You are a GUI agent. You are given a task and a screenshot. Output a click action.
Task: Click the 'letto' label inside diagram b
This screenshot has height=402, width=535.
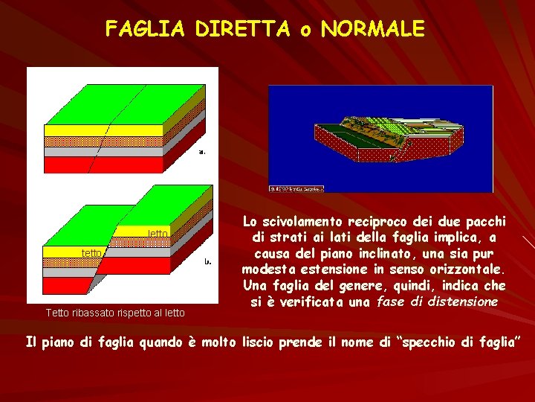[x=158, y=234]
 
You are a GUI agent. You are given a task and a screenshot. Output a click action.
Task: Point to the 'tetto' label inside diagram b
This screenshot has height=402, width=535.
[x=91, y=253]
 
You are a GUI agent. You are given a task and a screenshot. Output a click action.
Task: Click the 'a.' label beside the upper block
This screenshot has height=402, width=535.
[x=201, y=152]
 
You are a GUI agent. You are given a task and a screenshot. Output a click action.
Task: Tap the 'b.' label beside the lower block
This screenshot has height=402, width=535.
[x=209, y=262]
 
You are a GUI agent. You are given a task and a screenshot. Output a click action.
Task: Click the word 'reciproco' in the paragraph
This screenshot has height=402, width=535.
[x=380, y=222]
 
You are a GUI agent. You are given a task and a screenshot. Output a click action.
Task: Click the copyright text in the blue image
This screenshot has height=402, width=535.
[x=296, y=188]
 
